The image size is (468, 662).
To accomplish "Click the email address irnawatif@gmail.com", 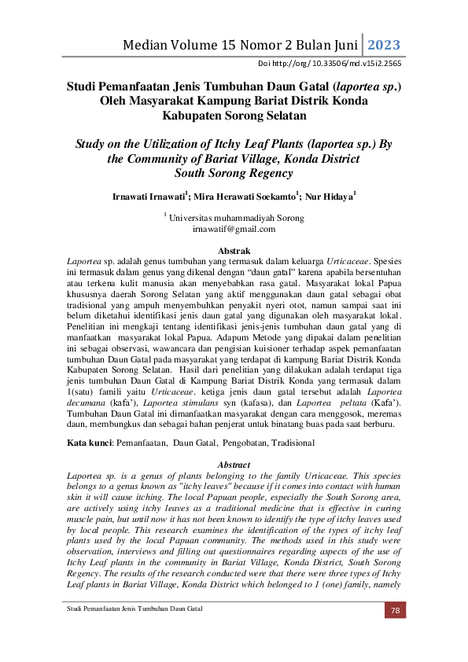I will tap(234, 229).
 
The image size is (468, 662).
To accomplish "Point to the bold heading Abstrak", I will tap(234, 249).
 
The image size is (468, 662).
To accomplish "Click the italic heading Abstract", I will tap(234, 465).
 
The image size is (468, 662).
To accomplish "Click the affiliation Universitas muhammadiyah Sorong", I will tap(236, 218).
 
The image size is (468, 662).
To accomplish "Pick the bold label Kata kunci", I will tap(90, 443).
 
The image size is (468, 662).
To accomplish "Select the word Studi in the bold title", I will tap(81, 86).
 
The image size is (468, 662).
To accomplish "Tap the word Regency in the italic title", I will tap(264, 173).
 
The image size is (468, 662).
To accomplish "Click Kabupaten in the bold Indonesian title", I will tap(190, 115).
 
